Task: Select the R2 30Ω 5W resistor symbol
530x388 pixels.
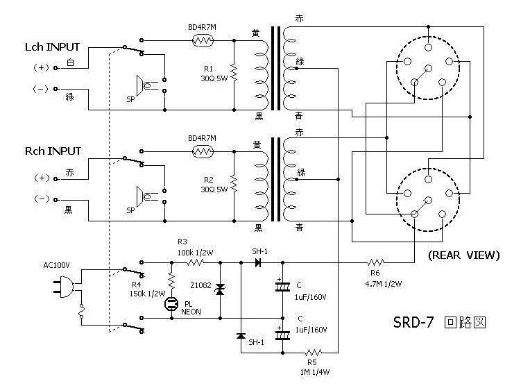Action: click(x=234, y=184)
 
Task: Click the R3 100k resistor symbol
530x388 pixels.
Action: click(x=196, y=263)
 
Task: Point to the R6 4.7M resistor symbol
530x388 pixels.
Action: click(x=375, y=263)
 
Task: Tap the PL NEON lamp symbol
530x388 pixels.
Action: click(x=171, y=303)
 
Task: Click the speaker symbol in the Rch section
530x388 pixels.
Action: click(x=144, y=196)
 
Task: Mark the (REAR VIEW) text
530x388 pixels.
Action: click(x=463, y=255)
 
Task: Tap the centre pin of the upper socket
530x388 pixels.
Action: click(x=427, y=67)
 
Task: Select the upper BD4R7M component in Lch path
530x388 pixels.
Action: click(x=203, y=40)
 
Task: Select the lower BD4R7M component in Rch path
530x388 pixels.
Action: click(x=203, y=151)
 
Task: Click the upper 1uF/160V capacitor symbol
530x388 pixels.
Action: click(x=282, y=286)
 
